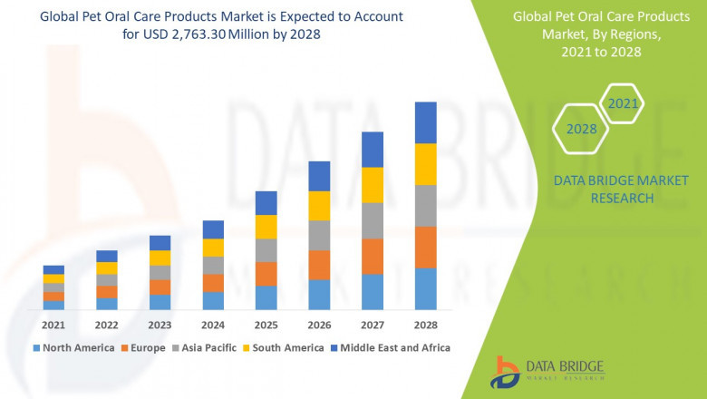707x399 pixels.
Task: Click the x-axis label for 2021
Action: click(x=53, y=325)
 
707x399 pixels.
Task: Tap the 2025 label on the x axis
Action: click(x=266, y=325)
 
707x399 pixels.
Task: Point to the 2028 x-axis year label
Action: click(x=425, y=325)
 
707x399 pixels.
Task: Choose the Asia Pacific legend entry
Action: click(x=206, y=347)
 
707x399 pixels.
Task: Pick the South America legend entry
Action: click(x=285, y=347)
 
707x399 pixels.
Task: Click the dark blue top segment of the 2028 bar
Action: click(x=425, y=122)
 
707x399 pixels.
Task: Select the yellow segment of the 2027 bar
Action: click(x=372, y=185)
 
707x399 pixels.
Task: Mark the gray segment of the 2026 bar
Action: click(x=319, y=235)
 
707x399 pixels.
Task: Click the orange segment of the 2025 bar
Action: click(x=266, y=274)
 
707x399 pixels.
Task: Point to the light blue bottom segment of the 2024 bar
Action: click(x=213, y=300)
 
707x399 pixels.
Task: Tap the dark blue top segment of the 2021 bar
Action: click(x=53, y=269)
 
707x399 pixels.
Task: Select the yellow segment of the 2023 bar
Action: click(x=160, y=258)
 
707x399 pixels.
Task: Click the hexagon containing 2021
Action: click(x=623, y=104)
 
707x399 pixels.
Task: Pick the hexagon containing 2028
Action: click(x=582, y=129)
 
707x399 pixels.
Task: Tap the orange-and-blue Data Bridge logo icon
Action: click(x=504, y=372)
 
